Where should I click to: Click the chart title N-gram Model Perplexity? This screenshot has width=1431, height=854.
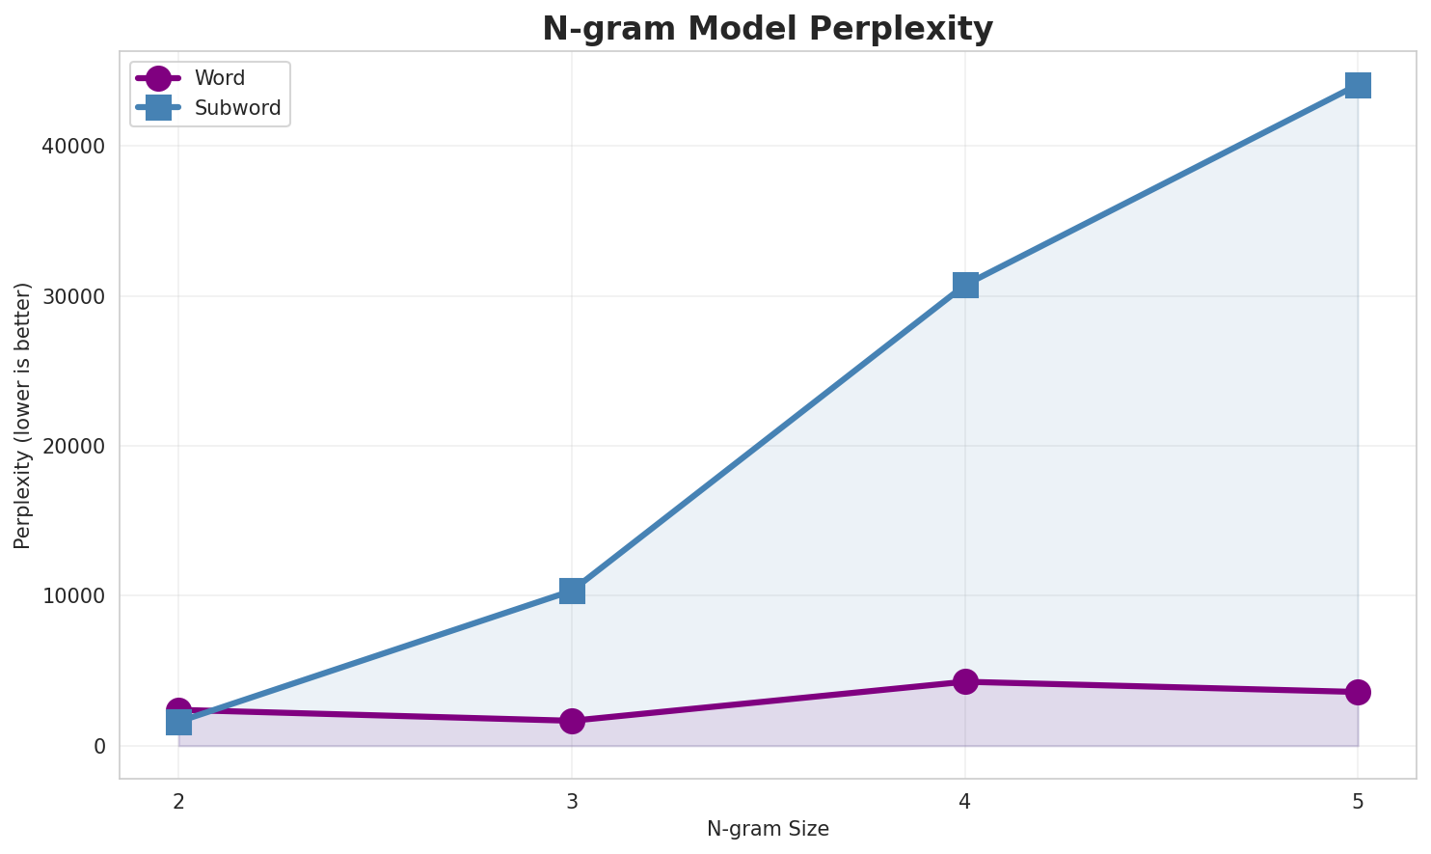pos(767,29)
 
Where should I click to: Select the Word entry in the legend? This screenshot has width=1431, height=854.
pos(219,78)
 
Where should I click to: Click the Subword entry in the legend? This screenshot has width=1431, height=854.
pos(237,108)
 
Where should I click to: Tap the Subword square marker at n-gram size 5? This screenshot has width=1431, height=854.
pos(1358,85)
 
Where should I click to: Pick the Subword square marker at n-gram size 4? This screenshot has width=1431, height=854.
pos(965,285)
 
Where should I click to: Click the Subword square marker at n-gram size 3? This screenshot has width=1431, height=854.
pos(572,591)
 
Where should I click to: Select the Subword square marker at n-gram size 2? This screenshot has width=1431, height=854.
pos(178,722)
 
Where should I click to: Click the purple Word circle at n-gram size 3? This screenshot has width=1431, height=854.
pos(572,721)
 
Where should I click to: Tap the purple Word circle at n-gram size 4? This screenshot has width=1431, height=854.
pos(965,681)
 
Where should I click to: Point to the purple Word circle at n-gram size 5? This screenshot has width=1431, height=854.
pos(1358,692)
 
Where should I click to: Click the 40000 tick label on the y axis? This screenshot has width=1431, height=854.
pos(73,147)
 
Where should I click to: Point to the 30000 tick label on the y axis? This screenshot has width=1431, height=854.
pos(73,296)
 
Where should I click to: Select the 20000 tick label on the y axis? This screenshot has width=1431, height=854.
pos(73,446)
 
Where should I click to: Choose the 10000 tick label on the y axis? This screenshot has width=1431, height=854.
pos(73,596)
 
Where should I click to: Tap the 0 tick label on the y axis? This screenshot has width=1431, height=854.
pos(99,746)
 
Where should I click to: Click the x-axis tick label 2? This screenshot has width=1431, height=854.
pos(178,801)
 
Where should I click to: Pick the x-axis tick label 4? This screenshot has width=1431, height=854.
pos(965,801)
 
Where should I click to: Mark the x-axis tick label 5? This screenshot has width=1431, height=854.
pos(1358,801)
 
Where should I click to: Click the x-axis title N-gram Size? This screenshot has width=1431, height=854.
pos(768,829)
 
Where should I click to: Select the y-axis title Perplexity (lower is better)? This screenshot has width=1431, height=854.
pos(23,415)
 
